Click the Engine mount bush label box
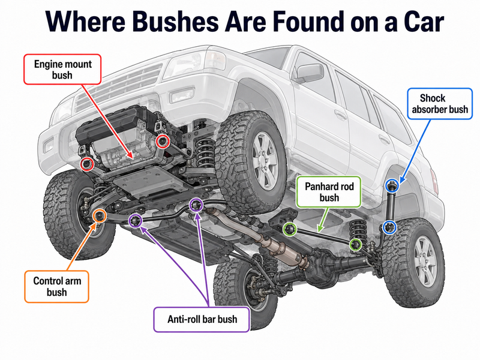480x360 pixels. point(62,69)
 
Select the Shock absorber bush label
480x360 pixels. point(440,104)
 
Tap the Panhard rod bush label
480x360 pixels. point(329,192)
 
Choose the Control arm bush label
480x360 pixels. point(56,287)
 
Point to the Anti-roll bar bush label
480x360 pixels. point(202,319)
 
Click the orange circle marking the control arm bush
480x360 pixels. point(99,216)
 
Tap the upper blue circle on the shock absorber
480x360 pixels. point(392,185)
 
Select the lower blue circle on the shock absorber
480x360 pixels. point(389,227)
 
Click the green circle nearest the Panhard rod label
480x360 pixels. point(290,229)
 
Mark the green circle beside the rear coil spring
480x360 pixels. point(356,245)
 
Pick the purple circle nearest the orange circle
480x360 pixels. point(136,221)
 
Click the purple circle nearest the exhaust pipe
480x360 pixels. point(196,205)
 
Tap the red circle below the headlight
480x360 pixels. point(163,142)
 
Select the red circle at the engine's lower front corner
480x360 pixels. point(87,164)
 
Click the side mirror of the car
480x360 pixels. point(308,73)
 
